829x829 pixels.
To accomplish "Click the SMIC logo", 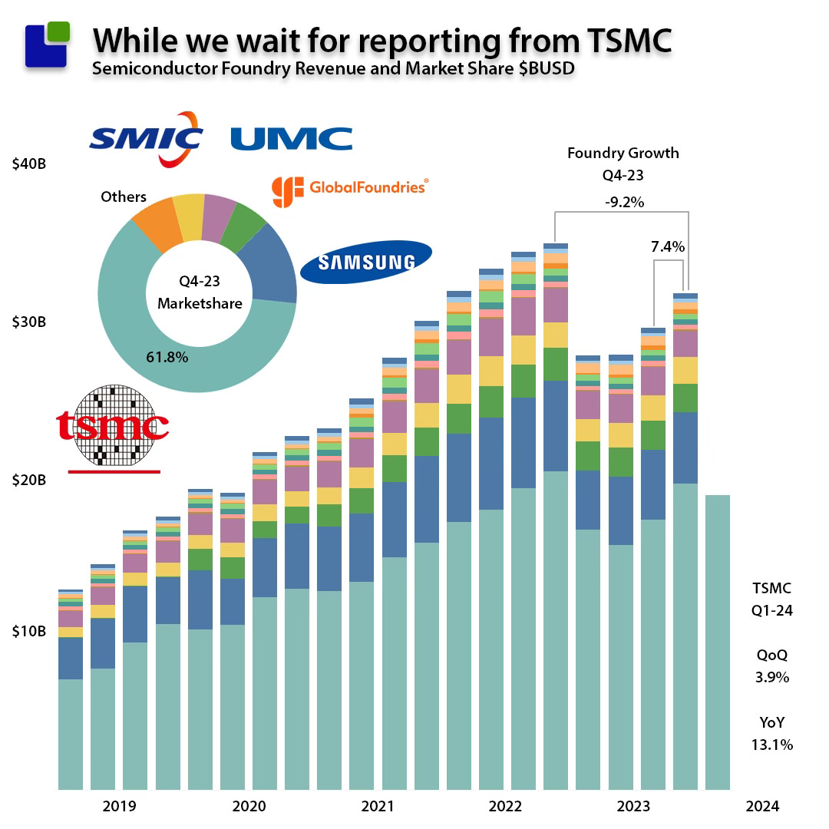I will pos(146,139).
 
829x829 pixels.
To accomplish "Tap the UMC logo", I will pos(292,139).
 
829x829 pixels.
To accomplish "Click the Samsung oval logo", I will pos(366,262).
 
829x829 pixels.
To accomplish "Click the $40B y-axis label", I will pos(29,164).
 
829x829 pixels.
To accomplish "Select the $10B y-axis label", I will pos(29,631).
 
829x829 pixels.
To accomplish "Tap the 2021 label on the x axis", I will pos(376,806).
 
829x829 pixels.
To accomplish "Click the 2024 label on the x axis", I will pos(762,806).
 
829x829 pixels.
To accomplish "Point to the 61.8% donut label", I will pos(167,357).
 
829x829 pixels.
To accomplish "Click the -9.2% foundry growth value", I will pos(623,203).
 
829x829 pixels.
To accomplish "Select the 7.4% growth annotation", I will pos(668,247).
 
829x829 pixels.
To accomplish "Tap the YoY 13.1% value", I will pos(771,745).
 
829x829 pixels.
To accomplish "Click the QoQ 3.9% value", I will pos(771,678).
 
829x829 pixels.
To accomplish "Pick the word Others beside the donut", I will pos(124,197).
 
